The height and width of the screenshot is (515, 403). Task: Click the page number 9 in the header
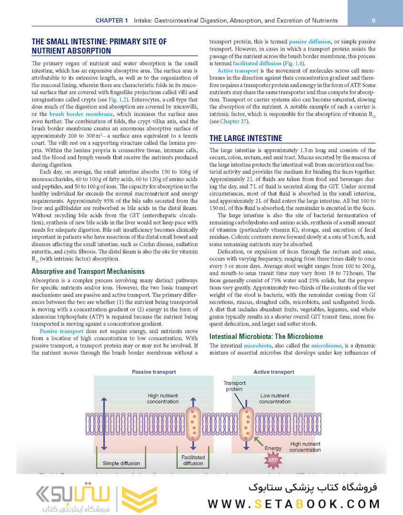point(373,20)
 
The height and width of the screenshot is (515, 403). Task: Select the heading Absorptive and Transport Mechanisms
point(88,271)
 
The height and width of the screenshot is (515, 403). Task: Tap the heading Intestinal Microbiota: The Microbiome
point(266,336)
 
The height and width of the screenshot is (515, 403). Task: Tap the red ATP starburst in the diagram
point(273,461)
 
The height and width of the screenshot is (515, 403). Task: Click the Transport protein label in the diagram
point(234,386)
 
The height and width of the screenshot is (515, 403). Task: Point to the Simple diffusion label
point(121,463)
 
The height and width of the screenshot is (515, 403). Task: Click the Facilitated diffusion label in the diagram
point(193,460)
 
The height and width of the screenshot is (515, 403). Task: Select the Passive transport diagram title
point(154,372)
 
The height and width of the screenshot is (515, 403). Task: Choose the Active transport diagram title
point(274,372)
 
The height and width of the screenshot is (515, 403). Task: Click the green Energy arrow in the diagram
point(258,441)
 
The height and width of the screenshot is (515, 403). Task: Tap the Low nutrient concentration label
point(275,398)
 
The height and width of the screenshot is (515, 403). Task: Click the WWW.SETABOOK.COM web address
point(294,504)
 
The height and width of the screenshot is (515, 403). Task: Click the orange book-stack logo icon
point(139,499)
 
